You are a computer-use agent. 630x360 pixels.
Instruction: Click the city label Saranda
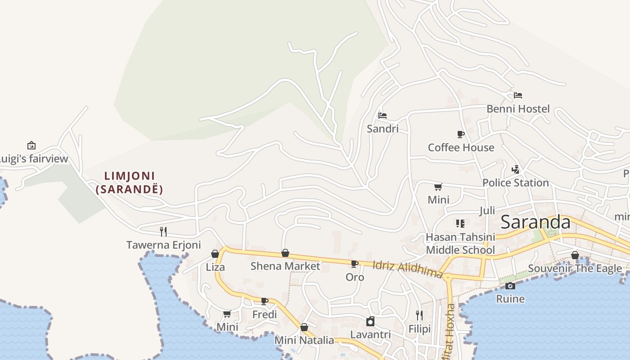535,222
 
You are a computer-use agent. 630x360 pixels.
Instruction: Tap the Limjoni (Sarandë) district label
130,182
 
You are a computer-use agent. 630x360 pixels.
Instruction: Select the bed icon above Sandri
382,115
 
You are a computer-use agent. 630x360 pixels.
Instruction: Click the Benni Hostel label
518,109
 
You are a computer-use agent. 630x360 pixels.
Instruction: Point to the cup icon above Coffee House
460,134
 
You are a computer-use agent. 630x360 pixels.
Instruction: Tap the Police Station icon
516,170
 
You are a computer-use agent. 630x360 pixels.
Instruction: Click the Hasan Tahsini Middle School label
460,243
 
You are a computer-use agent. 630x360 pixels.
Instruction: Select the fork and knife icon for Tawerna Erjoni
163,232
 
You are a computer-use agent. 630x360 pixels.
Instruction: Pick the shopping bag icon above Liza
215,254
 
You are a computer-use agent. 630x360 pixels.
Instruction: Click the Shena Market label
285,266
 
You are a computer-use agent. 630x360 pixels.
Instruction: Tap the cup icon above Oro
355,264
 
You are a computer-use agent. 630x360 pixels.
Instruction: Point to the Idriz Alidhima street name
408,269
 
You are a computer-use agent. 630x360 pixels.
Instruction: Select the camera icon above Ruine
510,286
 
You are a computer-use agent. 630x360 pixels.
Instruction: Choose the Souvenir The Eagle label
575,269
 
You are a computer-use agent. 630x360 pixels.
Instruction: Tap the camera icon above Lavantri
370,321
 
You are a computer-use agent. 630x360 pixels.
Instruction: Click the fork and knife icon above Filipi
419,315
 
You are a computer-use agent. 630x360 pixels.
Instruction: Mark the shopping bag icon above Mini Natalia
304,327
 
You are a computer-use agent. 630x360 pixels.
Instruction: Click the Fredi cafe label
265,314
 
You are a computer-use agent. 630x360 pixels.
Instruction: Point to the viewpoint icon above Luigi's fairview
31,145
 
